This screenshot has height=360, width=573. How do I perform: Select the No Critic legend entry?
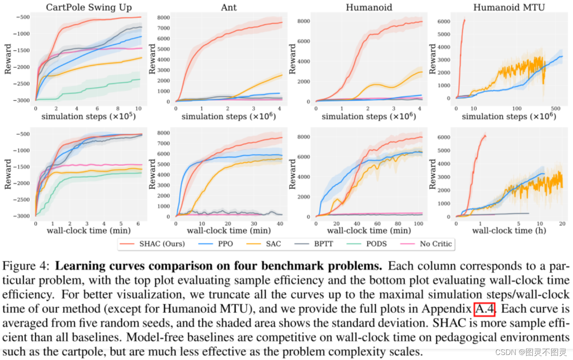pyautogui.click(x=436, y=244)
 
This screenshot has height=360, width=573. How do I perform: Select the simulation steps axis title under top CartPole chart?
pyautogui.click(x=88, y=116)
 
